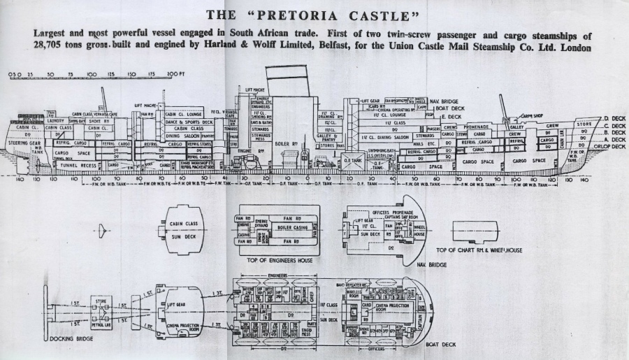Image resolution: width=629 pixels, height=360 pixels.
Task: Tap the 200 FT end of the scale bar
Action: coord(176,73)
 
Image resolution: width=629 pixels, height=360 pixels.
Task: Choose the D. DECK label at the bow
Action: coord(613,120)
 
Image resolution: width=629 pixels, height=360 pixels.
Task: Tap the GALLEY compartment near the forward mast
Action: coord(516,127)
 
